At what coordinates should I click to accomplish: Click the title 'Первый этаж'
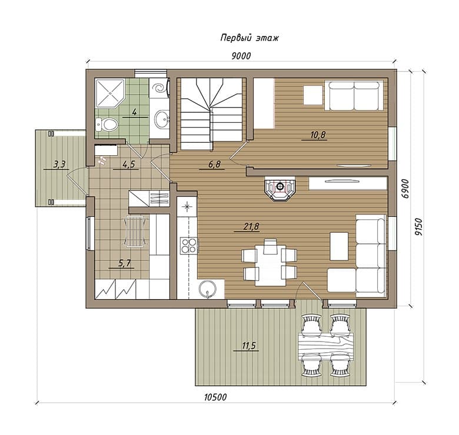coord(250,38)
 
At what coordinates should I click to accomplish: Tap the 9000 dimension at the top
coord(241,56)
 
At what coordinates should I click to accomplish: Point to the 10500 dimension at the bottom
coord(215,397)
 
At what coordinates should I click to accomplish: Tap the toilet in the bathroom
coord(107,125)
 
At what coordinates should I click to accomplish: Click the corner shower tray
coord(110,93)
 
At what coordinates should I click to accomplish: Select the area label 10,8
coord(318,135)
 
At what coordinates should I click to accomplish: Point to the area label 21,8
coord(251,226)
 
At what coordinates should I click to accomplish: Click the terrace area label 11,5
coord(249,346)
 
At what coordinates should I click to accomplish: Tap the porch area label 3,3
coord(59,164)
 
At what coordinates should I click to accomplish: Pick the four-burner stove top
coord(189,246)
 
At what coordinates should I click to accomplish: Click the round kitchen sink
coord(208,289)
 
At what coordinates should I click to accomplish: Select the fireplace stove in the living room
coord(280,188)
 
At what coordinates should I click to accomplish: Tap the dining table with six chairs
coord(270,263)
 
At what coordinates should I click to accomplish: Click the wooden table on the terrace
coord(325,346)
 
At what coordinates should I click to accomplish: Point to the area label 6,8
coord(214,165)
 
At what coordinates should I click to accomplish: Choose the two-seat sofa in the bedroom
coord(354,96)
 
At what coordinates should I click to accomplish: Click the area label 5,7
coord(124,263)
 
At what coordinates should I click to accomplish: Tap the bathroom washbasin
coord(162,119)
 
